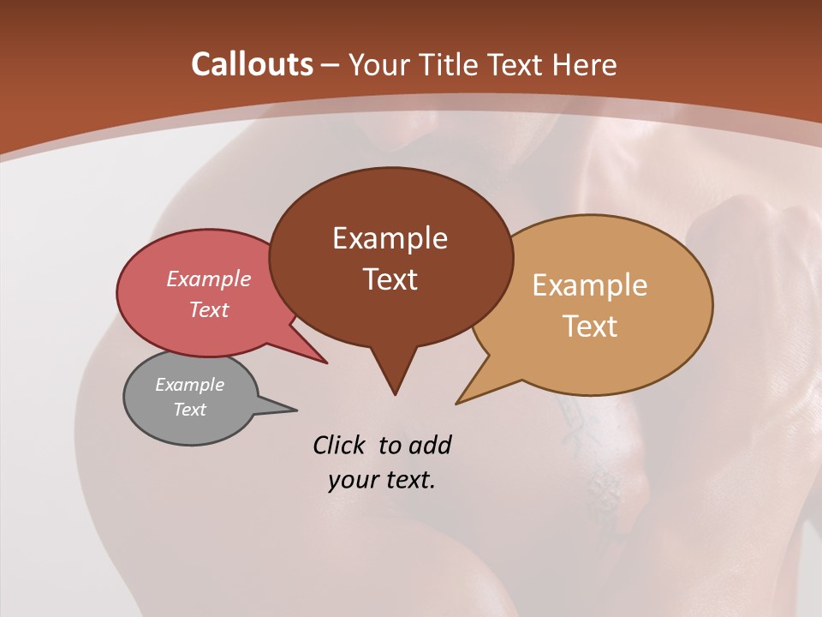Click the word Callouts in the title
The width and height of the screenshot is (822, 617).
[x=252, y=64]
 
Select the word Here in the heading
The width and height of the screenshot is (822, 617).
[x=586, y=64]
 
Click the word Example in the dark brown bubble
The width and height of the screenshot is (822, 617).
[x=390, y=238]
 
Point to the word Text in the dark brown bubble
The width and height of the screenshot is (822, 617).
[x=390, y=279]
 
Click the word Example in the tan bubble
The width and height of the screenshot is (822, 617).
[x=590, y=285]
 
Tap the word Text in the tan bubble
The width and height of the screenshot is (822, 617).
[x=590, y=326]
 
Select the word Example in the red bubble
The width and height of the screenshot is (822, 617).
[x=208, y=279]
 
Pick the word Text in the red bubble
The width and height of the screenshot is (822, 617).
[x=208, y=309]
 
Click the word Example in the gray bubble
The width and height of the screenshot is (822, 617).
[x=189, y=385]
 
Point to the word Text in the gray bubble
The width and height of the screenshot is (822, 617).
[x=189, y=410]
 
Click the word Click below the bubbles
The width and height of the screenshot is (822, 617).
[x=341, y=446]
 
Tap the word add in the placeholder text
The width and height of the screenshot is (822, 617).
[x=430, y=446]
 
